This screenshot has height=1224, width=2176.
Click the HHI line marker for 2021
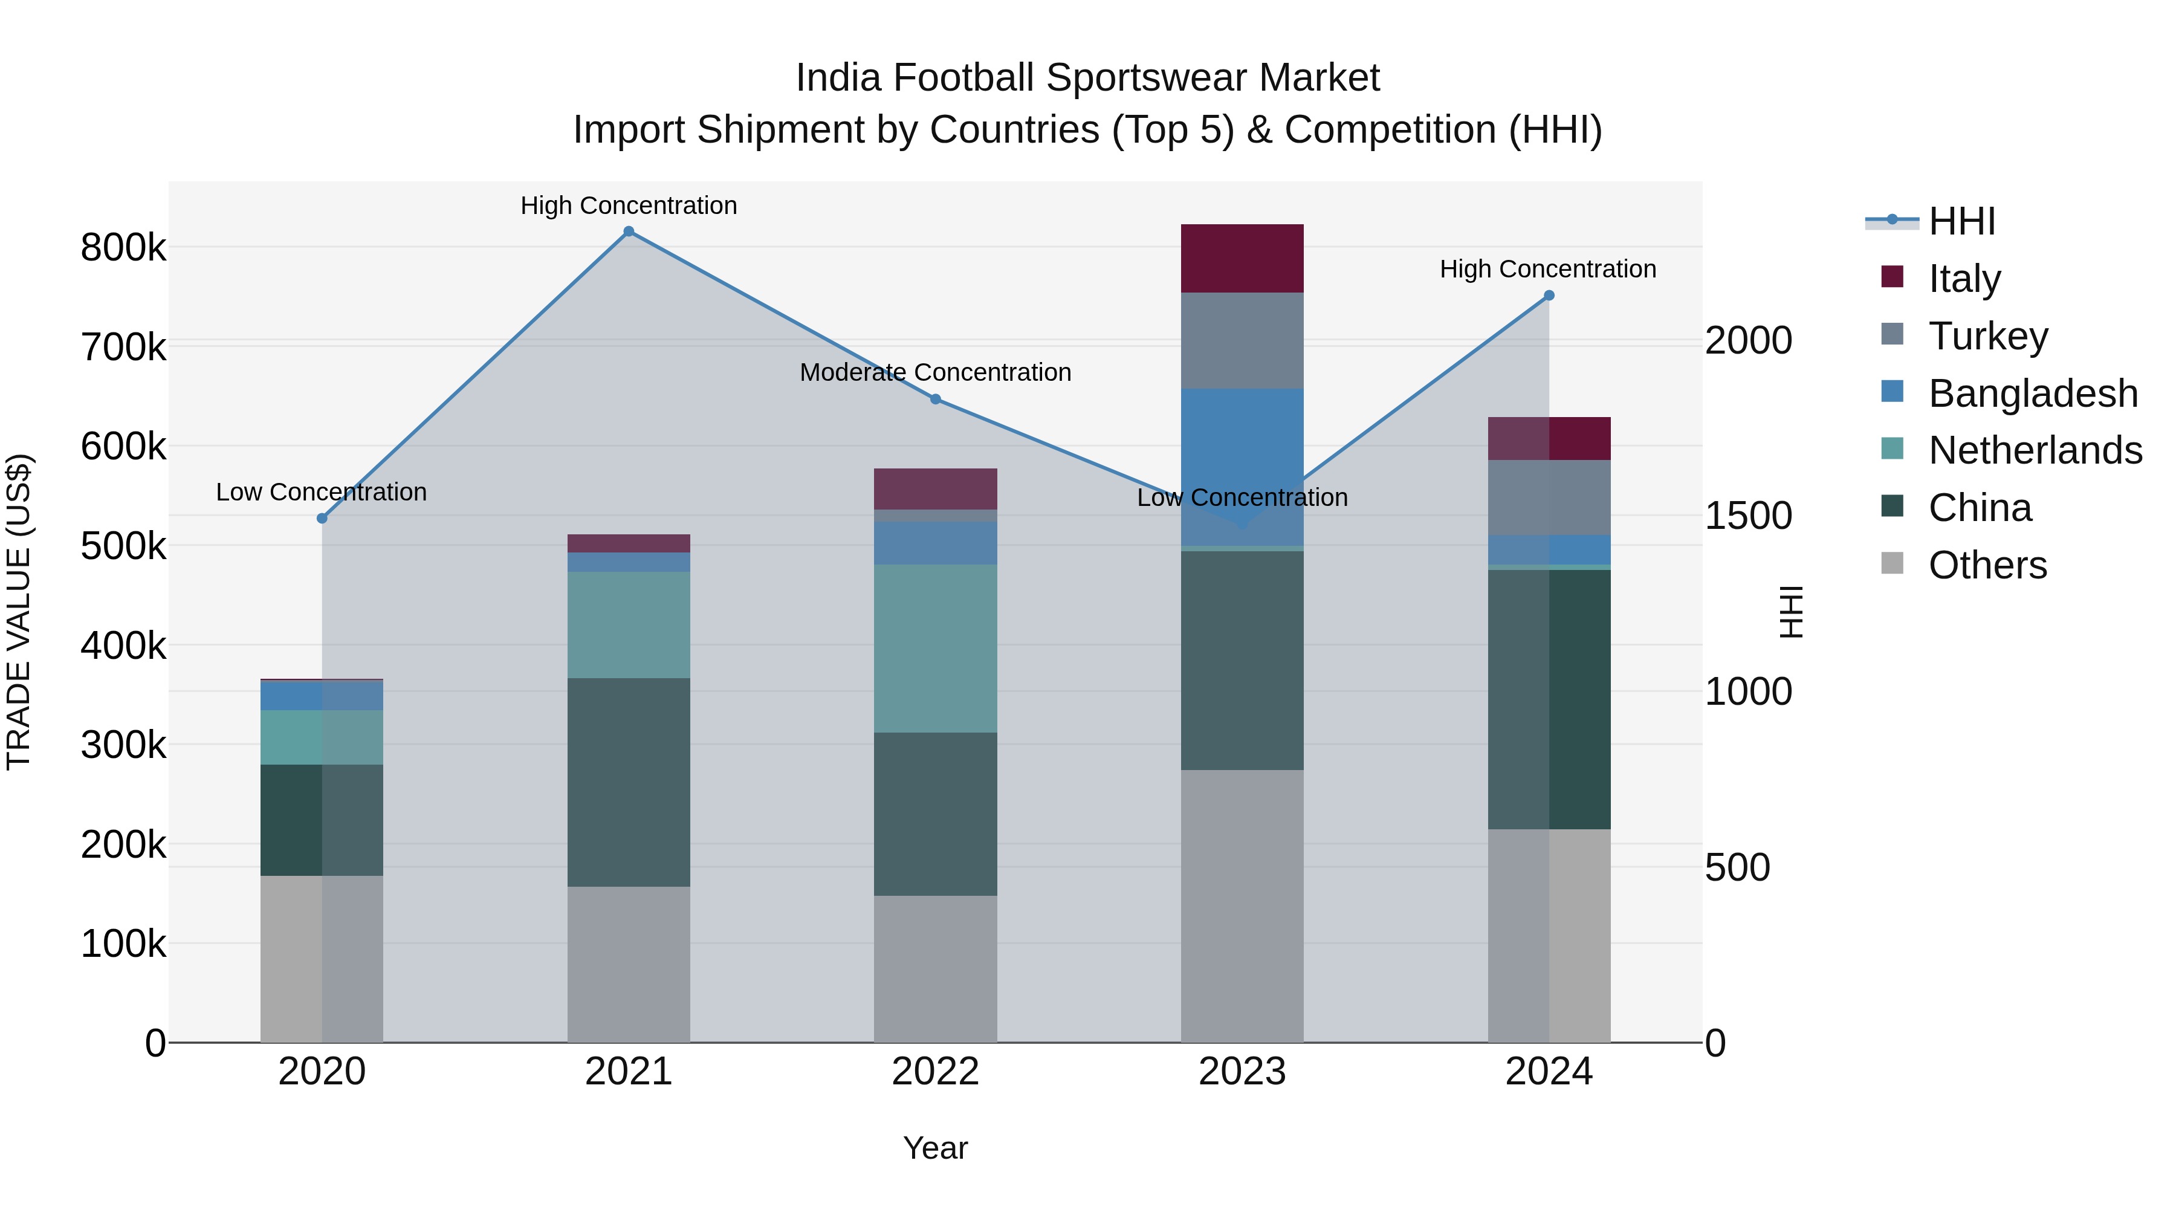[x=629, y=232]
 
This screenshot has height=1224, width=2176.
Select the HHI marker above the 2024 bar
[x=1549, y=296]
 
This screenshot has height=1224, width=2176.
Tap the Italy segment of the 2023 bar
[x=1242, y=259]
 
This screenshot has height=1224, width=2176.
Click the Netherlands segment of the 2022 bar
[x=935, y=648]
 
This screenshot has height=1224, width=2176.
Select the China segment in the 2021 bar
[x=629, y=782]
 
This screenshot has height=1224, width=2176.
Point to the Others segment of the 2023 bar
[x=1242, y=905]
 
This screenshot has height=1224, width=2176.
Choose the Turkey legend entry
[x=1987, y=336]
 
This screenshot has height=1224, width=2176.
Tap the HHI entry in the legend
[x=1961, y=221]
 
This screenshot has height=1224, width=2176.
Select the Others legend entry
[x=1987, y=565]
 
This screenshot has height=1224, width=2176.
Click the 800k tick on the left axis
[x=123, y=248]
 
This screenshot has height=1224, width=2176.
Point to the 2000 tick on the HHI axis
[x=1747, y=340]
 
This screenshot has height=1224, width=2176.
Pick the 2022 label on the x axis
[x=935, y=1072]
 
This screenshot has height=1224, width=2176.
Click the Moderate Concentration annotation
[x=935, y=372]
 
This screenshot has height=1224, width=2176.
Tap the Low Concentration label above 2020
[x=321, y=493]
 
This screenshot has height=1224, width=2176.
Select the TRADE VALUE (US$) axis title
[x=19, y=612]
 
